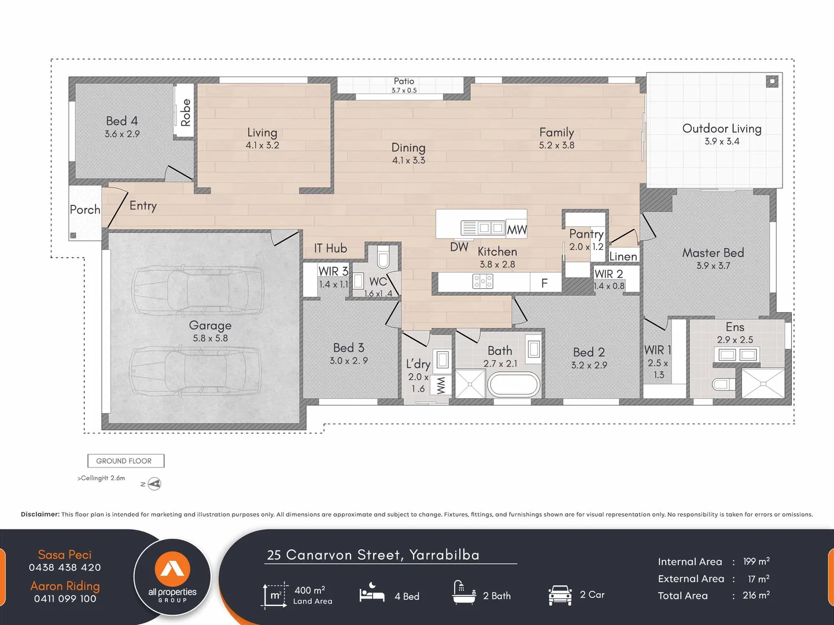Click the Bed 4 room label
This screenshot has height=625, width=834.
[121, 121]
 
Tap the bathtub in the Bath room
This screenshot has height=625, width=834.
[514, 384]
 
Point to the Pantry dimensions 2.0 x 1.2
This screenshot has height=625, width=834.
[586, 247]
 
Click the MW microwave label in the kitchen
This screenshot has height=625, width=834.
[516, 230]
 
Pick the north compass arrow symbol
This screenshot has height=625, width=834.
[154, 484]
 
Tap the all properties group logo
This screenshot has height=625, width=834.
[172, 576]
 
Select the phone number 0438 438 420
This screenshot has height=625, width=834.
[65, 568]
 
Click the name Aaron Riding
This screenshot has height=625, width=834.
[65, 586]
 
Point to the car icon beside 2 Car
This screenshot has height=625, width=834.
[560, 595]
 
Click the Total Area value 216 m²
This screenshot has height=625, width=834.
[756, 595]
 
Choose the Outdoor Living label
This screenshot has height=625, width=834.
[721, 128]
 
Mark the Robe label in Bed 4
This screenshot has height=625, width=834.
[185, 113]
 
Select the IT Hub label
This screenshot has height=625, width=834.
[330, 248]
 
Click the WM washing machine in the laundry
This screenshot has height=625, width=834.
[441, 385]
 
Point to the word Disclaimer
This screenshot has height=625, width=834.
[40, 514]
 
